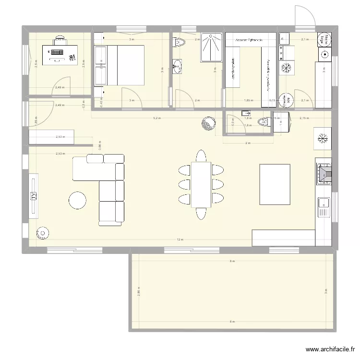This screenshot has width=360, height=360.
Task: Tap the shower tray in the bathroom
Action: pos(211,47)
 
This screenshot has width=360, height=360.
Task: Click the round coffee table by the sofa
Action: pos(77,200)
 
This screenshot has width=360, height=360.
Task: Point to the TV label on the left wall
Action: pos(34,196)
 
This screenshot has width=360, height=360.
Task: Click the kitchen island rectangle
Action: pos(275,184)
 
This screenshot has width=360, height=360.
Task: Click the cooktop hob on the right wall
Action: pos(324,173)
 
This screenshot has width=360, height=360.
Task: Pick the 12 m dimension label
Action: pos(180,240)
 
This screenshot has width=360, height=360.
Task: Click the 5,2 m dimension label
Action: pos(156,118)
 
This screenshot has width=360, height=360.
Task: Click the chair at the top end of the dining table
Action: pos(201,156)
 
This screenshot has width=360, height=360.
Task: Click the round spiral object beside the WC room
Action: pos(209,124)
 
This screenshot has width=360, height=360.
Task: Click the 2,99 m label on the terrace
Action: pos(138,293)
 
